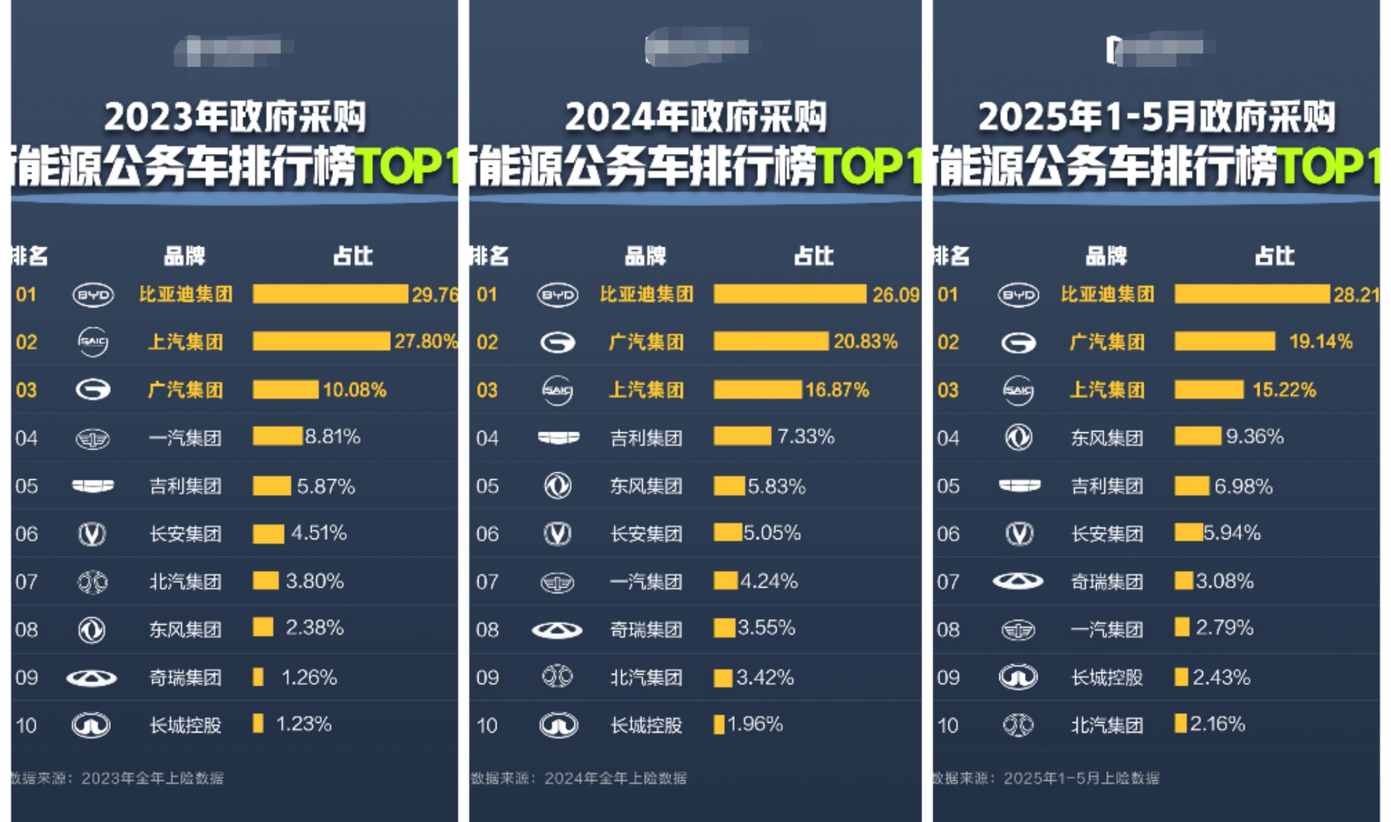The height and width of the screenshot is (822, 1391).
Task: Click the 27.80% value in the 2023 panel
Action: pyautogui.click(x=425, y=341)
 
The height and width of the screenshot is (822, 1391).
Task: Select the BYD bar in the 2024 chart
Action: pyautogui.click(x=790, y=294)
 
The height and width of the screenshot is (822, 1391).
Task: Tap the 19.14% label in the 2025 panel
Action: pyautogui.click(x=1320, y=341)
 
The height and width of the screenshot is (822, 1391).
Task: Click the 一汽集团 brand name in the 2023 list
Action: pyautogui.click(x=185, y=438)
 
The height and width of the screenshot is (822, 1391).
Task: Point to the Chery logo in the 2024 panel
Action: pyautogui.click(x=557, y=629)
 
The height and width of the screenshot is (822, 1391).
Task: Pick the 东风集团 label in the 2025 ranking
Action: pyautogui.click(x=1106, y=438)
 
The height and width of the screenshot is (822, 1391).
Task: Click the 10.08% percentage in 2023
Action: pyautogui.click(x=354, y=390)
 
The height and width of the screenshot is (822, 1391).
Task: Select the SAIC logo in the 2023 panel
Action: pyautogui.click(x=93, y=341)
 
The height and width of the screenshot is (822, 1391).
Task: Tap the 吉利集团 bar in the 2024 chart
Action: pyautogui.click(x=742, y=437)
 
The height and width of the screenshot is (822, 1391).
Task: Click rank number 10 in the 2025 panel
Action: pyautogui.click(x=947, y=725)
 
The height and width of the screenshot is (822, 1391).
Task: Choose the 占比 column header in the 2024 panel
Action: pyautogui.click(x=813, y=256)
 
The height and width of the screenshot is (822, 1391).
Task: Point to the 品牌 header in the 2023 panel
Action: pyautogui.click(x=184, y=256)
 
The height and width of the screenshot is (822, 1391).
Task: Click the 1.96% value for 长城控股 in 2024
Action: pyautogui.click(x=755, y=725)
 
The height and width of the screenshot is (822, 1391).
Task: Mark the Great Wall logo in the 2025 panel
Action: pyautogui.click(x=1017, y=677)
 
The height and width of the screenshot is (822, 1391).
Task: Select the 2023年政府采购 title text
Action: pyautogui.click(x=235, y=117)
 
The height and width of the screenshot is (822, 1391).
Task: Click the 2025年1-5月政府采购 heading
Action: pyautogui.click(x=1156, y=117)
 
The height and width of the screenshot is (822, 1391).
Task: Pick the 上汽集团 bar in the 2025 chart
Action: pyautogui.click(x=1209, y=389)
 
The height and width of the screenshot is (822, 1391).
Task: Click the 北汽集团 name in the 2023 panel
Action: pyautogui.click(x=185, y=582)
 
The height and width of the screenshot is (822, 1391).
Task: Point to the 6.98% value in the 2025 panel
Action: pyautogui.click(x=1243, y=486)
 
